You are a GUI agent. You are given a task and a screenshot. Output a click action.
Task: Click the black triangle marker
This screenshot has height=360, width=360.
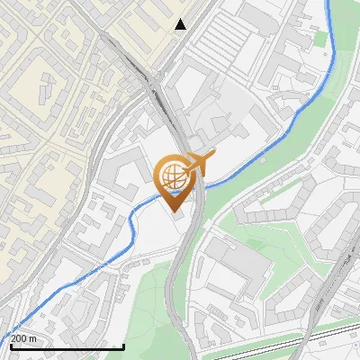181,24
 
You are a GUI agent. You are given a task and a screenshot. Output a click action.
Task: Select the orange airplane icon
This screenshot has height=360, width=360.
201,162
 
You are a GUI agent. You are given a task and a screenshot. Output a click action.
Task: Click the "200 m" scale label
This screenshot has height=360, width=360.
22,338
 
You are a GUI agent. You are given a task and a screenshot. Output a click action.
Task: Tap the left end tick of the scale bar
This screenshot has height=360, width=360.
10,345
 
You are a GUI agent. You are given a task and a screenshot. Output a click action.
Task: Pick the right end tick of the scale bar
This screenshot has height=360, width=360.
123,345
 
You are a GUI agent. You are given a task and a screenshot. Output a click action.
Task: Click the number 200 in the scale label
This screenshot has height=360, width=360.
19,338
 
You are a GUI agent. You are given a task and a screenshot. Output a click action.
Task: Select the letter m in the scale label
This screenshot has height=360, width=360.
32,338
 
